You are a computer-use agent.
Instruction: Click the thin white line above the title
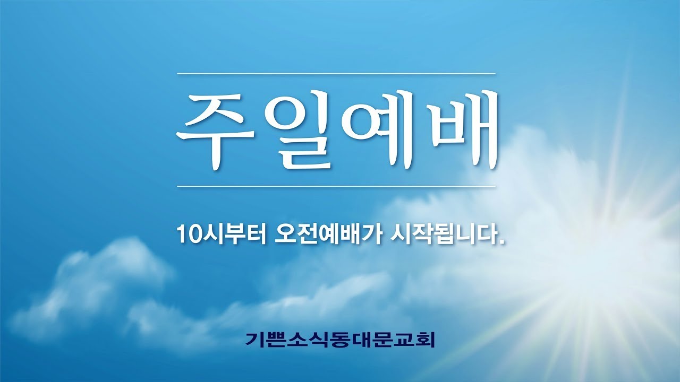click(336, 73)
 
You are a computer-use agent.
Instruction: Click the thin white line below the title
click(336, 186)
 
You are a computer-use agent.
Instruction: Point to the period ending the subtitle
click(500, 241)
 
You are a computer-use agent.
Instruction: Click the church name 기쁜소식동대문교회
click(340, 340)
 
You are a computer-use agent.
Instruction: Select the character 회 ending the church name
click(426, 340)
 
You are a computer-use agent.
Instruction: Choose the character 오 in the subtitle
click(282, 234)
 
